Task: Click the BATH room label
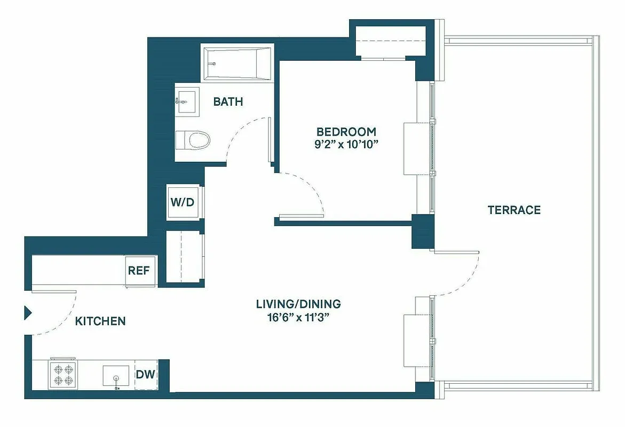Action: tap(228, 101)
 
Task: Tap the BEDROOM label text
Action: tap(346, 132)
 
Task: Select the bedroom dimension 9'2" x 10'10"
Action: tap(347, 145)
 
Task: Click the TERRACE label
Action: tap(514, 210)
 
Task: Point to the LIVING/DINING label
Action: tap(298, 304)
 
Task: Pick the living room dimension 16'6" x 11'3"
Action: tap(298, 317)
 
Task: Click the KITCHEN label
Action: tap(100, 321)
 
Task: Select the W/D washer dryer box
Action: tap(183, 202)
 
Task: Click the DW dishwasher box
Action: tap(145, 374)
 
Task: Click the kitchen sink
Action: tap(116, 376)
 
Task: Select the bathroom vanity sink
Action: tap(185, 100)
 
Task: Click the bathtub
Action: tap(236, 64)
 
